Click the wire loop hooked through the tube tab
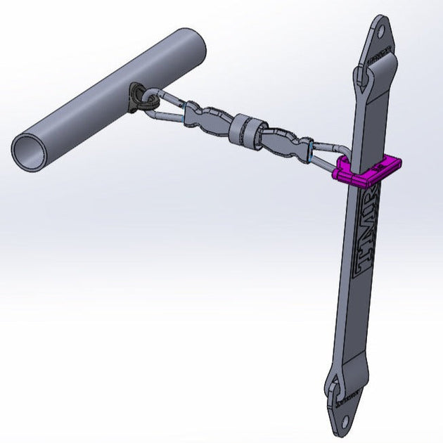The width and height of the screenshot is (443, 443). pos(162,105)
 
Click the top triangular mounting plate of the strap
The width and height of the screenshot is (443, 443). pos(380,42)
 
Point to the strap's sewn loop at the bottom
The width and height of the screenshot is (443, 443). pos(338,383)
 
